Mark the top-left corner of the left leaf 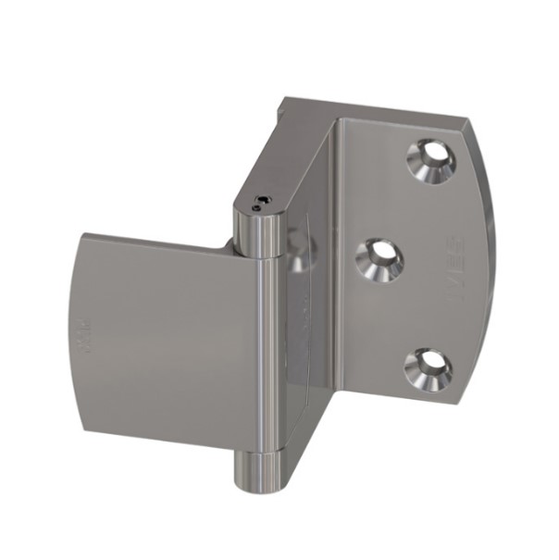pos(84,235)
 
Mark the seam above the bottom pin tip pos(260,454)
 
